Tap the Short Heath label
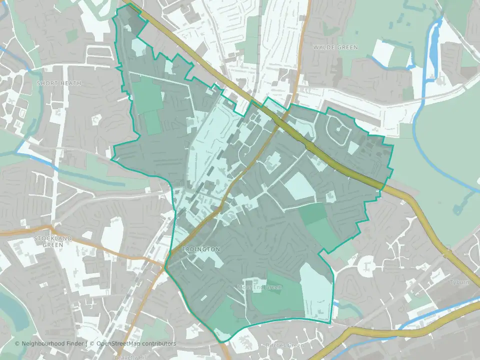click(x=59, y=83)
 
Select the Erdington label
click(x=201, y=249)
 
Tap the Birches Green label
click(x=283, y=345)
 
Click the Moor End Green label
click(x=259, y=287)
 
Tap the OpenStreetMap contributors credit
click(x=136, y=343)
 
